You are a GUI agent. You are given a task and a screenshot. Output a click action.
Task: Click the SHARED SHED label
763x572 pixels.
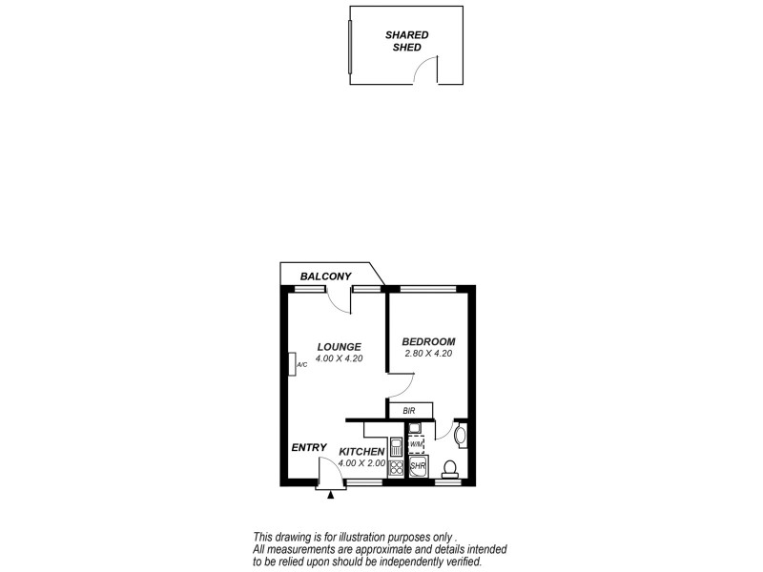tap(407, 40)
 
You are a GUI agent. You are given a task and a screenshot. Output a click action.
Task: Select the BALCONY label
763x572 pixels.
tap(326, 276)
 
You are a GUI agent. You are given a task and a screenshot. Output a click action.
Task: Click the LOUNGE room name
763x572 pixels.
tap(339, 346)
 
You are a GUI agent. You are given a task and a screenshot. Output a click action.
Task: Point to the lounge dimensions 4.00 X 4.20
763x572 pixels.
tap(339, 358)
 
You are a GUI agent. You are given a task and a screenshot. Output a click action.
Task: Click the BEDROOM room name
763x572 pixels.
tap(428, 341)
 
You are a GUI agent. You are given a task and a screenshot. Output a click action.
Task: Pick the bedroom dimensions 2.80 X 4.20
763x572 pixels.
tap(428, 354)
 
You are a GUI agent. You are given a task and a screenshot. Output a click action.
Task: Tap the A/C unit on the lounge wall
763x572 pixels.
tap(293, 364)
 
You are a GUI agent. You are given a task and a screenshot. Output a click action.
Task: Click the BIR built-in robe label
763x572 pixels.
tap(409, 411)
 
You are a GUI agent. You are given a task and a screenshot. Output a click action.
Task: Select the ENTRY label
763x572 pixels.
tap(309, 448)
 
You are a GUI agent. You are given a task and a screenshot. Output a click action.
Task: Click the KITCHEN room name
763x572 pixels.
tap(361, 451)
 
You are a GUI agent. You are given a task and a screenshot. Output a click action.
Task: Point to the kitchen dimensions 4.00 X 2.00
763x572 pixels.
tap(361, 463)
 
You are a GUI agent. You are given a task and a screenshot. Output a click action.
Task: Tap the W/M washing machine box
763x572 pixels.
tap(417, 444)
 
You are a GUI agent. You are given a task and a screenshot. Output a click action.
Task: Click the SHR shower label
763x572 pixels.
tap(418, 466)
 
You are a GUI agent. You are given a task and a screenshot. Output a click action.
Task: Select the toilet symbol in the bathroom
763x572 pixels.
tap(450, 467)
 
